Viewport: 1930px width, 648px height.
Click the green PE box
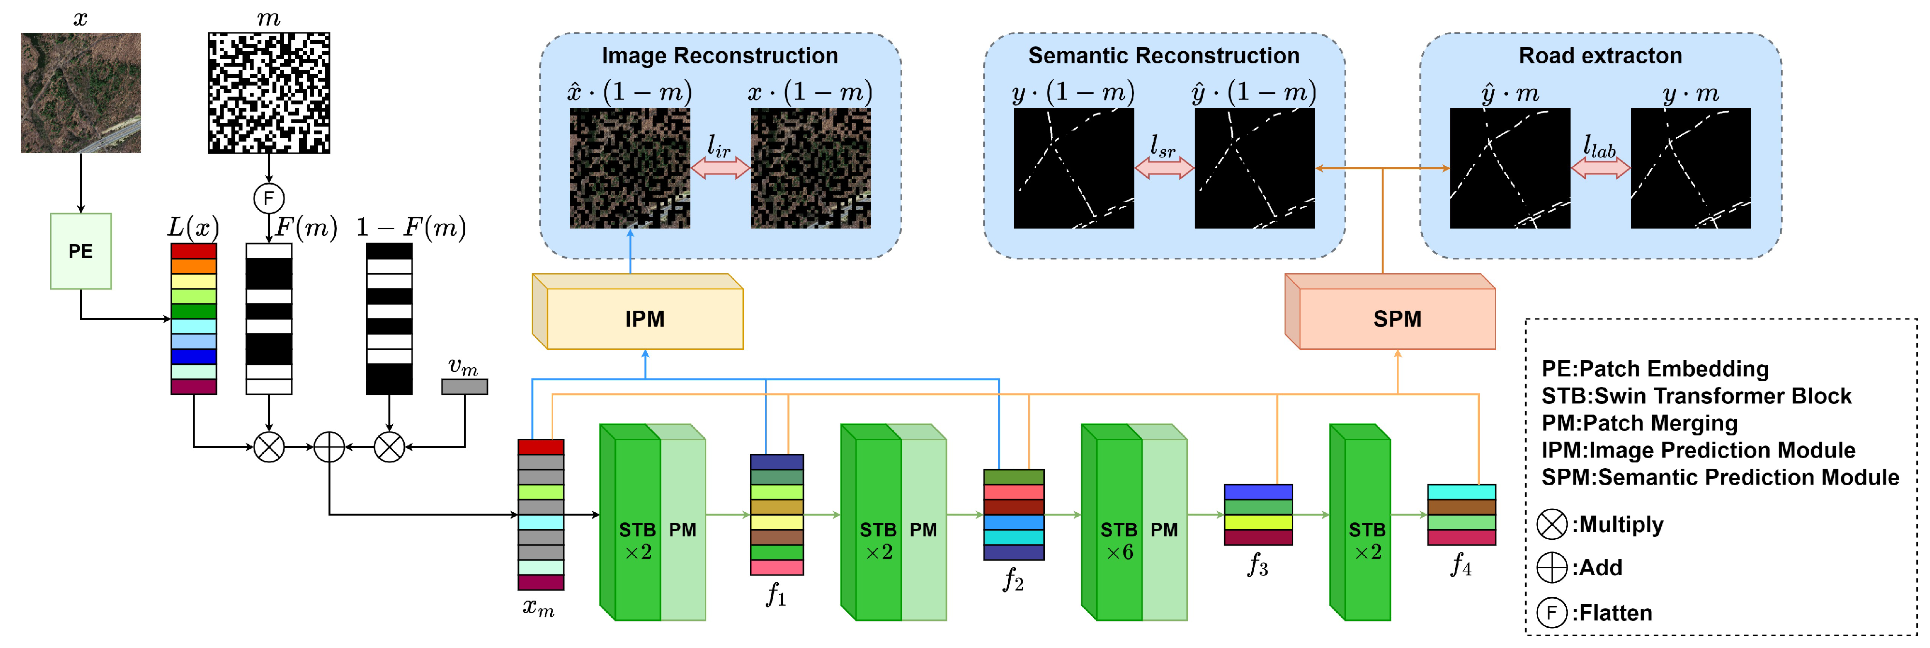click(80, 251)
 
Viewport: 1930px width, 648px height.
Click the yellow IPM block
click(644, 318)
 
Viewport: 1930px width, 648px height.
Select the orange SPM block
click(1397, 318)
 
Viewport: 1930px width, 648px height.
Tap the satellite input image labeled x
click(80, 92)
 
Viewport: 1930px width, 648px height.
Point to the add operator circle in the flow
click(329, 447)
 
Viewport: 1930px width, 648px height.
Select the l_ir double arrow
click(719, 168)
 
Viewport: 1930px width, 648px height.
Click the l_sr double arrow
click(1163, 168)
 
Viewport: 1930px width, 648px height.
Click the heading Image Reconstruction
click(719, 56)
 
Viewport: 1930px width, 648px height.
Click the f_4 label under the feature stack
click(1460, 565)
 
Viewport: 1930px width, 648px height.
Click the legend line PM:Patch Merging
click(1639, 423)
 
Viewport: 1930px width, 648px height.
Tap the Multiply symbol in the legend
click(1552, 524)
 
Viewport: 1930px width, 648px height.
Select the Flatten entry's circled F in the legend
click(1552, 613)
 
